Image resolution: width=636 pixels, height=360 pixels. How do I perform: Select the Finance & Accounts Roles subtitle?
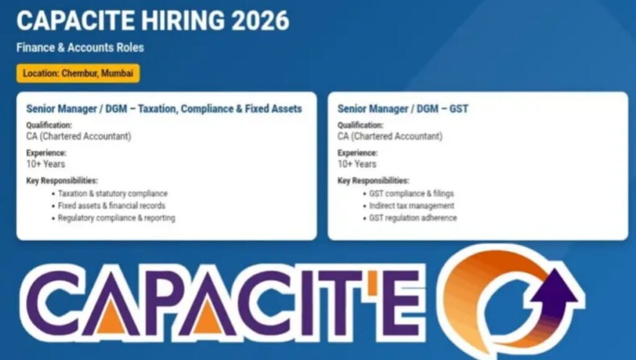click(x=80, y=47)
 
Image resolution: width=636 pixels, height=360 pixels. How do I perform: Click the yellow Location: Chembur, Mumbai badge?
click(x=78, y=73)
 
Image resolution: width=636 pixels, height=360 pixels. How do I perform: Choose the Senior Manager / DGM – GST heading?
click(x=402, y=109)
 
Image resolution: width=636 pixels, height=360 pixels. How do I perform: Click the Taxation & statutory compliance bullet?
click(x=112, y=194)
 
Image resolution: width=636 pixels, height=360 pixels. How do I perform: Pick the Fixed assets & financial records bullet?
click(x=111, y=205)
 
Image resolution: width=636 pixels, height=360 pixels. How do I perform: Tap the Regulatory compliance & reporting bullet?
click(x=116, y=218)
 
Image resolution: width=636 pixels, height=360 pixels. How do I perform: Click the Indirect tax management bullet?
click(x=411, y=205)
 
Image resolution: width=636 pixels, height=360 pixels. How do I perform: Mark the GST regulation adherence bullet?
click(x=412, y=218)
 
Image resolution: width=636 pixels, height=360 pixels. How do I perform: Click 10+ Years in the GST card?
click(x=357, y=164)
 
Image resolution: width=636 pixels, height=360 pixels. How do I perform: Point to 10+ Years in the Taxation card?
click(x=45, y=164)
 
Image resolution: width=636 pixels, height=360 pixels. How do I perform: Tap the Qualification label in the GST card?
click(x=361, y=125)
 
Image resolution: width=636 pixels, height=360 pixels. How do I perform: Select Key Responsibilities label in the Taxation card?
click(x=61, y=181)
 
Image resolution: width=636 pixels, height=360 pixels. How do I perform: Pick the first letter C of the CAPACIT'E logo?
click(x=60, y=304)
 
